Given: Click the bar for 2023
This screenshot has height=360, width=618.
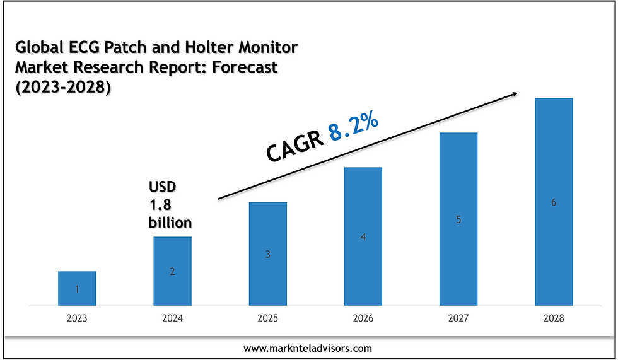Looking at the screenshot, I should [77, 289].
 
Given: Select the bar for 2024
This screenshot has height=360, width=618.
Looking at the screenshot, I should [172, 271].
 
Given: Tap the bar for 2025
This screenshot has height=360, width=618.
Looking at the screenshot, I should [267, 254].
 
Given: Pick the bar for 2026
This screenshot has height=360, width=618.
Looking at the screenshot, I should [363, 236].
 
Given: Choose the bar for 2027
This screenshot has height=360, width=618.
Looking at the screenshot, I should [458, 219].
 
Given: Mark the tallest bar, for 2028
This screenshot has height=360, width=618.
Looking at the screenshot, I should [554, 202].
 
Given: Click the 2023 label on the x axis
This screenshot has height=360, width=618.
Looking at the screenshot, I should [77, 318].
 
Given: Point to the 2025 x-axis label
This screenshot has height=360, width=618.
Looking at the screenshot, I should [267, 318].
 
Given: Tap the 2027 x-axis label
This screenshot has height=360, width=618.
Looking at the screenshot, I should [458, 318].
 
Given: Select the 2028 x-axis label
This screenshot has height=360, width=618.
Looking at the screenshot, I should [554, 318].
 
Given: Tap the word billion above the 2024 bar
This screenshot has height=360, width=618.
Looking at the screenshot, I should [170, 222].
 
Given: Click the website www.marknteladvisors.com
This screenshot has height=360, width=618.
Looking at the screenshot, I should [308, 347].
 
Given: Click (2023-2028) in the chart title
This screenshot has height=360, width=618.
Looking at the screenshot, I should [62, 88].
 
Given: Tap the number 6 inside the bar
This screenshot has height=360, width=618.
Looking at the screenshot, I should [554, 202].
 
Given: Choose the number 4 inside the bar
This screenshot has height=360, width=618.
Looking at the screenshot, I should [363, 237].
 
